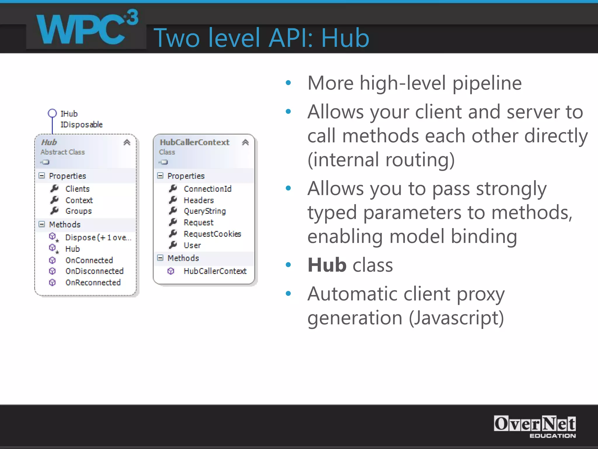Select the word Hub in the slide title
(x=345, y=38)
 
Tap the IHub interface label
(x=69, y=113)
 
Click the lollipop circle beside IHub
(x=52, y=113)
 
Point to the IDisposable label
(x=81, y=125)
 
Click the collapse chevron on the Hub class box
(x=127, y=142)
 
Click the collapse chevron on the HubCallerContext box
(x=245, y=142)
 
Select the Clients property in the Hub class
(x=77, y=189)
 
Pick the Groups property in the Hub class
(x=79, y=211)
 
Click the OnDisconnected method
(x=94, y=271)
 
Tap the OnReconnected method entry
(x=93, y=282)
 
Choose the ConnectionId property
(x=208, y=189)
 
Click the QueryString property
(x=205, y=211)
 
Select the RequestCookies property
(x=212, y=234)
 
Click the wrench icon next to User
(x=173, y=245)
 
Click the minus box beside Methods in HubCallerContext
(x=160, y=258)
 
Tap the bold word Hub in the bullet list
(x=327, y=265)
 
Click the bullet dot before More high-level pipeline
(x=288, y=83)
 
